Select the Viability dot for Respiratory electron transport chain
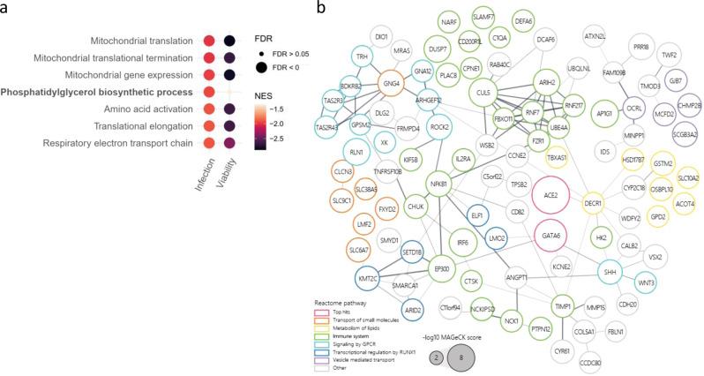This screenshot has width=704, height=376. coord(229,141)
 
